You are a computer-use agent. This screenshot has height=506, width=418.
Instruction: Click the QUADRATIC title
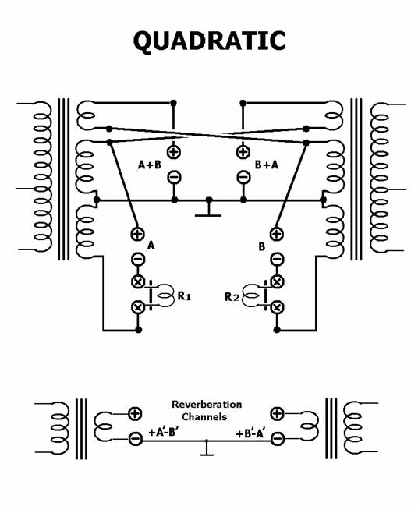pyautogui.click(x=209, y=41)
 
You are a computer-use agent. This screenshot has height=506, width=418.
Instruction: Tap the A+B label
pyautogui.click(x=150, y=165)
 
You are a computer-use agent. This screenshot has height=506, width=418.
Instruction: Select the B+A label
pyautogui.click(x=267, y=165)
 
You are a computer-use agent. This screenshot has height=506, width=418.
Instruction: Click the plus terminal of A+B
pyautogui.click(x=174, y=152)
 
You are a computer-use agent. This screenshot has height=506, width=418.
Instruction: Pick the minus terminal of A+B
pyautogui.click(x=174, y=177)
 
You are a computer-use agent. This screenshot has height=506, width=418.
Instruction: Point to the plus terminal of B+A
pyautogui.click(x=243, y=152)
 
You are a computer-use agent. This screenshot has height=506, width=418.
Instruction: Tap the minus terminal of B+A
pyautogui.click(x=243, y=177)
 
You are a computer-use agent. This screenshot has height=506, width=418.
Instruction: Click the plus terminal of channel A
pyautogui.click(x=138, y=234)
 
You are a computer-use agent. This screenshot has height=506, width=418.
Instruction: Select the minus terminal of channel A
pyautogui.click(x=138, y=259)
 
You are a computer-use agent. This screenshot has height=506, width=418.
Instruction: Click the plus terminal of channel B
pyautogui.click(x=277, y=234)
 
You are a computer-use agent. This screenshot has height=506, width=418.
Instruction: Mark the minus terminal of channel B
pyautogui.click(x=277, y=259)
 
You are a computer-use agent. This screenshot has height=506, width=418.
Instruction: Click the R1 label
pyautogui.click(x=184, y=295)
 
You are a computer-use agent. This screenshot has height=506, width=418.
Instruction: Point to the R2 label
pyautogui.click(x=232, y=296)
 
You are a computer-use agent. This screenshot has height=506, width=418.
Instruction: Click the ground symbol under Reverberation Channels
pyautogui.click(x=207, y=448)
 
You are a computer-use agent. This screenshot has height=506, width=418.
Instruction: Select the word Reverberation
pyautogui.click(x=207, y=405)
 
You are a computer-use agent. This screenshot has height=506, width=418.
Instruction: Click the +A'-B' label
pyautogui.click(x=163, y=432)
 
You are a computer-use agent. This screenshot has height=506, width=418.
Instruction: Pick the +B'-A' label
pyautogui.click(x=250, y=433)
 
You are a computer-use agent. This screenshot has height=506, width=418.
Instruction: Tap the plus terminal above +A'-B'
pyautogui.click(x=135, y=413)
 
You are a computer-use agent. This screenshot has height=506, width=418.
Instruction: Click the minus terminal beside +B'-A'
pyautogui.click(x=277, y=438)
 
